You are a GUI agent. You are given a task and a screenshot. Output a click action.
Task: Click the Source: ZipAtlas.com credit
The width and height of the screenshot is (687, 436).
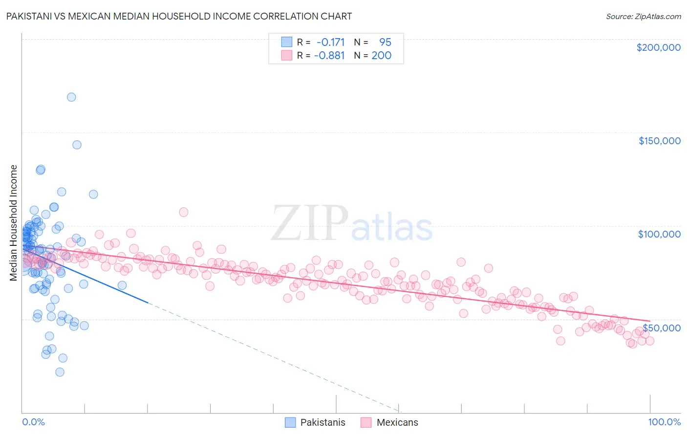pyautogui.click(x=643, y=16)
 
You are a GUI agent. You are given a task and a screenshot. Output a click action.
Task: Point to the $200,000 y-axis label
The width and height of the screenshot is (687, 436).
pyautogui.click(x=658, y=47)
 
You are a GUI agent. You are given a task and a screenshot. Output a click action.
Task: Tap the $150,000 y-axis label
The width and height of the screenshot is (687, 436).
pyautogui.click(x=659, y=141)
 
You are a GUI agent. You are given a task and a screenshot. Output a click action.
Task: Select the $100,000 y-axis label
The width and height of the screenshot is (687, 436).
pyautogui.click(x=659, y=234)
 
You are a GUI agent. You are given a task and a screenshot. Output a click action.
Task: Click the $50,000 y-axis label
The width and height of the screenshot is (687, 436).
pyautogui.click(x=661, y=327)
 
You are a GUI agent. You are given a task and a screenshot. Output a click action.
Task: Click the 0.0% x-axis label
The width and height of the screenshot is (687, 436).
pyautogui.click(x=33, y=422)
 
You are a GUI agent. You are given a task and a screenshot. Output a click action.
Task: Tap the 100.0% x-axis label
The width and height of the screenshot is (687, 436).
pyautogui.click(x=664, y=422)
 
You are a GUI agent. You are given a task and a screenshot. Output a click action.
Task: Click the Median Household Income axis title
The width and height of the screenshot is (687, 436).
pyautogui.click(x=13, y=223)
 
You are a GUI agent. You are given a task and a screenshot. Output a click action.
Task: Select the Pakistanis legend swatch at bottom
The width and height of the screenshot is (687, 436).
pyautogui.click(x=290, y=422)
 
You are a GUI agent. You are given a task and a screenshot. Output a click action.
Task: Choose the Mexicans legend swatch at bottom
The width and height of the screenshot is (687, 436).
pyautogui.click(x=366, y=422)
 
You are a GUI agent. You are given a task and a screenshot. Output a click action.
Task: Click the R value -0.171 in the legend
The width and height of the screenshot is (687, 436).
pyautogui.click(x=330, y=43)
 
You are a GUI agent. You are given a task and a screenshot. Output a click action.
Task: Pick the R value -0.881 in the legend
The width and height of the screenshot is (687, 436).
pyautogui.click(x=329, y=55)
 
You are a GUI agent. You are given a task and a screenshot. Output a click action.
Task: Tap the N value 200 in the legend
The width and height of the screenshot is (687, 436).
pyautogui.click(x=381, y=55)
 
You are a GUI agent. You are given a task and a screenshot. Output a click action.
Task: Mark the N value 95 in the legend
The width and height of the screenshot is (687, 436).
pyautogui.click(x=385, y=43)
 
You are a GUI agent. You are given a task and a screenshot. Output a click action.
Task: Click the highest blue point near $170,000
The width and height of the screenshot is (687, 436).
pyautogui.click(x=71, y=97)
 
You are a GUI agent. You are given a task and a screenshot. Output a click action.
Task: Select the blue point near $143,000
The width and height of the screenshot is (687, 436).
pyautogui.click(x=77, y=145)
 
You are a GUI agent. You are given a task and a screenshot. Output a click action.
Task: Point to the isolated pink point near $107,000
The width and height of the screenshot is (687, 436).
pyautogui.click(x=184, y=212)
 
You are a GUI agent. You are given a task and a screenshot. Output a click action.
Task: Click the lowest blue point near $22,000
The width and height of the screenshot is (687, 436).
pyautogui.click(x=60, y=372)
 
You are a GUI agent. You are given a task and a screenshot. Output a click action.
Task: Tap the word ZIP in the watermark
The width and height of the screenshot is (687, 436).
pyautogui.click(x=309, y=223)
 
